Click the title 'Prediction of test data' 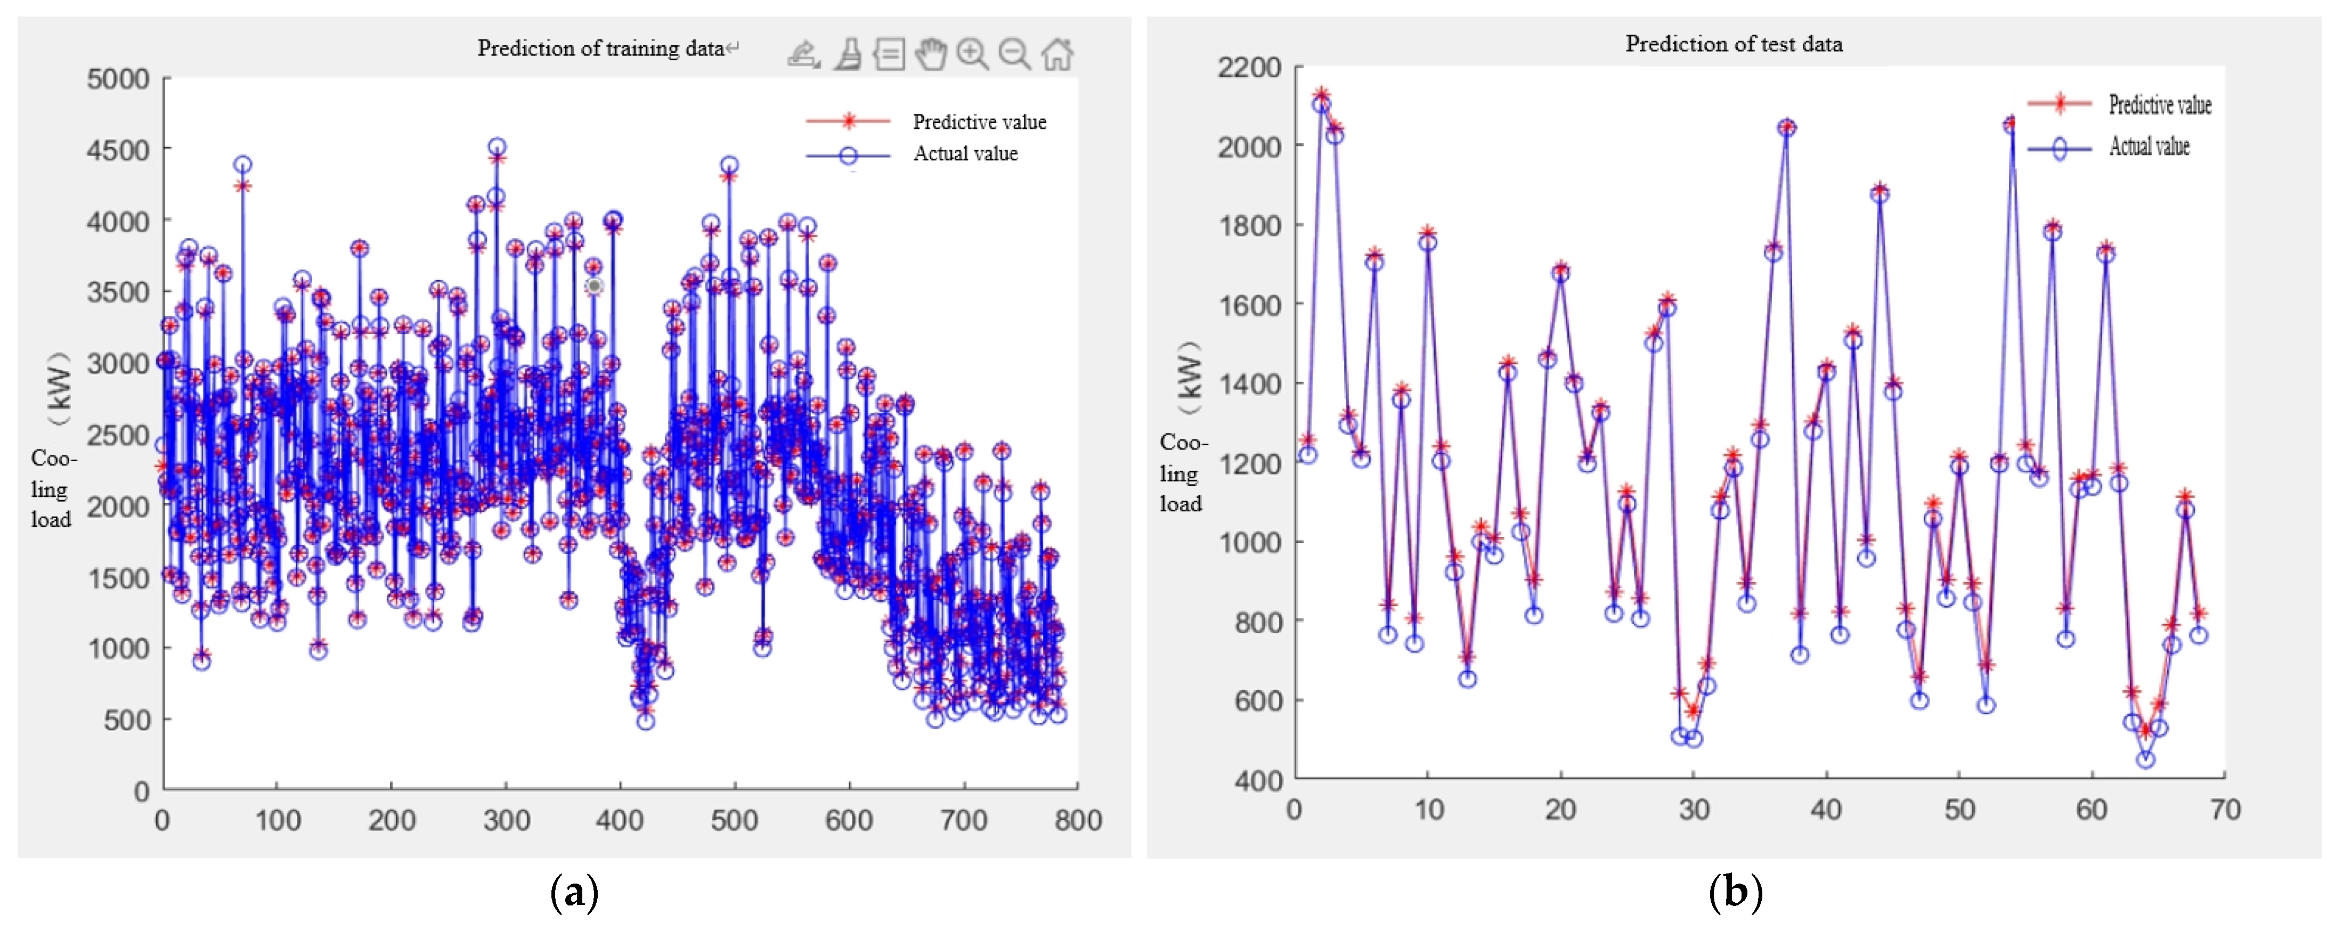point(1734,44)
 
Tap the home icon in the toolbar point(1057,54)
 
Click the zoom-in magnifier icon point(972,54)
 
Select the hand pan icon point(931,54)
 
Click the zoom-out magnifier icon point(1014,54)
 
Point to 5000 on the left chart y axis point(118,79)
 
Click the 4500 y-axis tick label point(118,150)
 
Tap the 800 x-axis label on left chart point(1078,821)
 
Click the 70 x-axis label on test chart point(2225,809)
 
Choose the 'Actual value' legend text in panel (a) point(965,153)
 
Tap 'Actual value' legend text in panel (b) point(2149,146)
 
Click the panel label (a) point(575,892)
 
